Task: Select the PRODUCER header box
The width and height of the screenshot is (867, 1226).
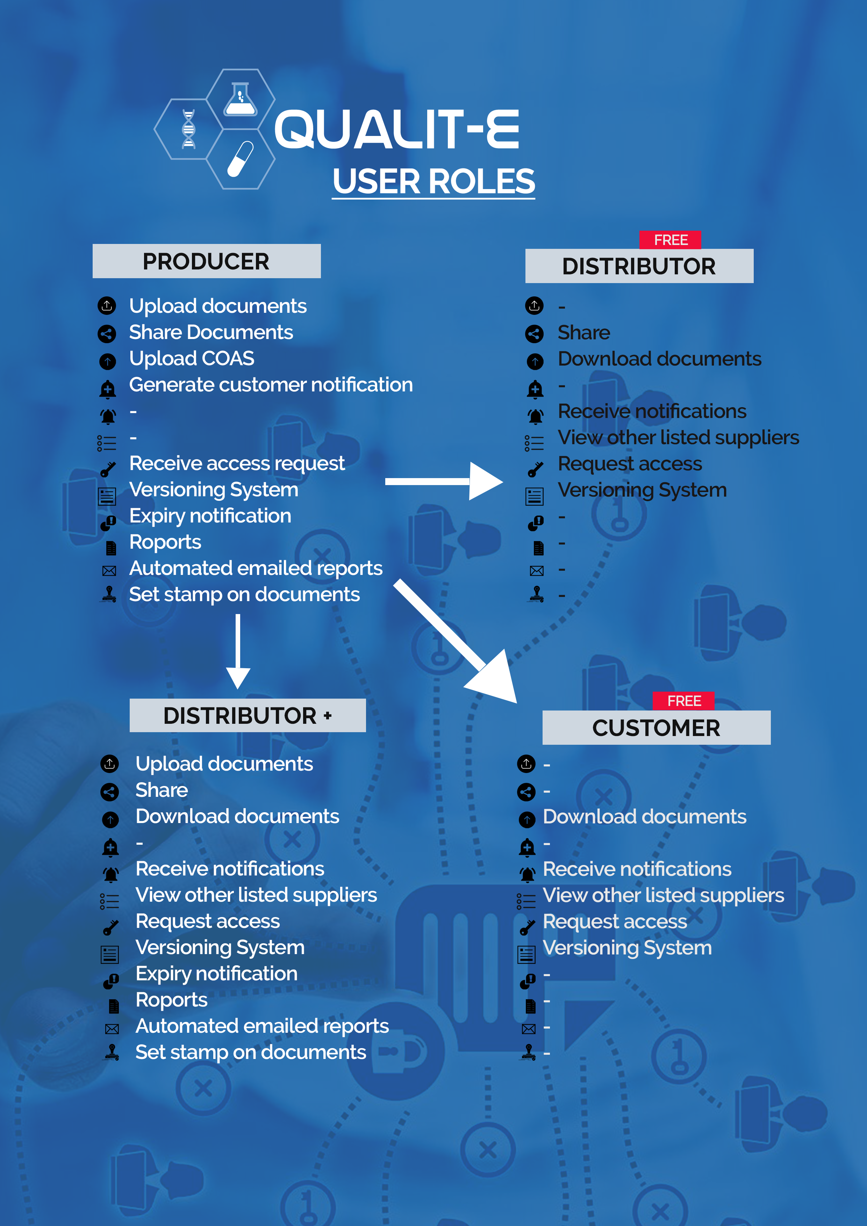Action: click(206, 261)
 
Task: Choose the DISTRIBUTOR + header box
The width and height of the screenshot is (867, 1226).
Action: click(247, 715)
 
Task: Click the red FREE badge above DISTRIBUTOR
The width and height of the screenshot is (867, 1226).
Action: click(671, 240)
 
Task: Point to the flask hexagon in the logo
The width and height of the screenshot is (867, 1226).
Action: click(241, 99)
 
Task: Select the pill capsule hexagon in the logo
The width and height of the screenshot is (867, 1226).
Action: click(241, 159)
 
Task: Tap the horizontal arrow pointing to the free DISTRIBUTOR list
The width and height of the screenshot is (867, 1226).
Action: click(443, 481)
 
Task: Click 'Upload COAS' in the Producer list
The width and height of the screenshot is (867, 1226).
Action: click(192, 358)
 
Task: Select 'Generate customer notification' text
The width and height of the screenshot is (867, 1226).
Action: click(271, 384)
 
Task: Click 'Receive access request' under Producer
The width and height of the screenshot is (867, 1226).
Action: click(237, 463)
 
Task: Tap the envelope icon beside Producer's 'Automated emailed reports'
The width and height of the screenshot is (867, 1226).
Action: click(109, 571)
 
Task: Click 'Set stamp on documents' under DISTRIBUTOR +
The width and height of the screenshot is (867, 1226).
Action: click(251, 1052)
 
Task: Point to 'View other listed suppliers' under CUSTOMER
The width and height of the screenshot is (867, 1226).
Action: click(663, 895)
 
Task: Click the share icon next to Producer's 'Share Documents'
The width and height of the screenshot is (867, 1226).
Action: click(107, 334)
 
